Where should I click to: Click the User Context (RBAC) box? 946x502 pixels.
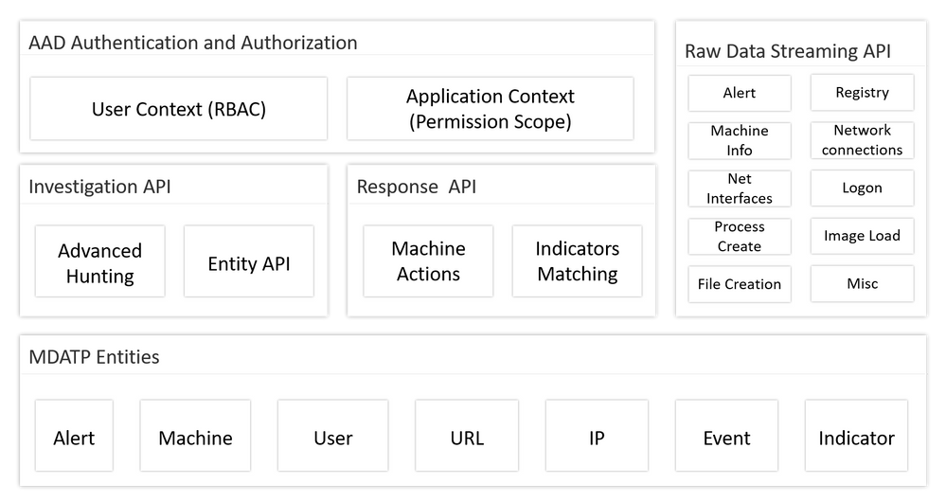pos(179,109)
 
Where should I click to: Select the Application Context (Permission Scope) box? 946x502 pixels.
pos(490,109)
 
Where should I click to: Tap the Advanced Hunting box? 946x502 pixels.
pos(99,263)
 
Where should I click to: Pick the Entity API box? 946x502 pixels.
pos(248,263)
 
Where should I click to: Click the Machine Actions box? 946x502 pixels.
pos(428,261)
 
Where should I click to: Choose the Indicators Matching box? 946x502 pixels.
pos(577,261)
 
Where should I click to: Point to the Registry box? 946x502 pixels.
pos(862,93)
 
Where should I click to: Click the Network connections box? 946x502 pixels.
pos(862,140)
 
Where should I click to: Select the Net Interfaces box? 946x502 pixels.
pos(740,188)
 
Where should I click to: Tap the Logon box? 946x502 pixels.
pos(862,188)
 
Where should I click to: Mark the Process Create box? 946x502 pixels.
pos(740,237)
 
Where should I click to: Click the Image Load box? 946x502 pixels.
pos(862,236)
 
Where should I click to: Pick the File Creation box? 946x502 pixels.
pos(740,284)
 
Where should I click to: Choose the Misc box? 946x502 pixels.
pos(862,284)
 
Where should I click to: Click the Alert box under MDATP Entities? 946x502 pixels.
pos(74,438)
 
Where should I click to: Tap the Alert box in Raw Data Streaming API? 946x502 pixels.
pos(740,93)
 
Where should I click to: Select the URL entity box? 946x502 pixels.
pos(467,438)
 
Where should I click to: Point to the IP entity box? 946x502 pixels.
pos(597,438)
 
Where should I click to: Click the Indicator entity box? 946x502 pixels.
pos(856,438)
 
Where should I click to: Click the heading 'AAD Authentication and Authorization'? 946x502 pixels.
pos(193,43)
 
